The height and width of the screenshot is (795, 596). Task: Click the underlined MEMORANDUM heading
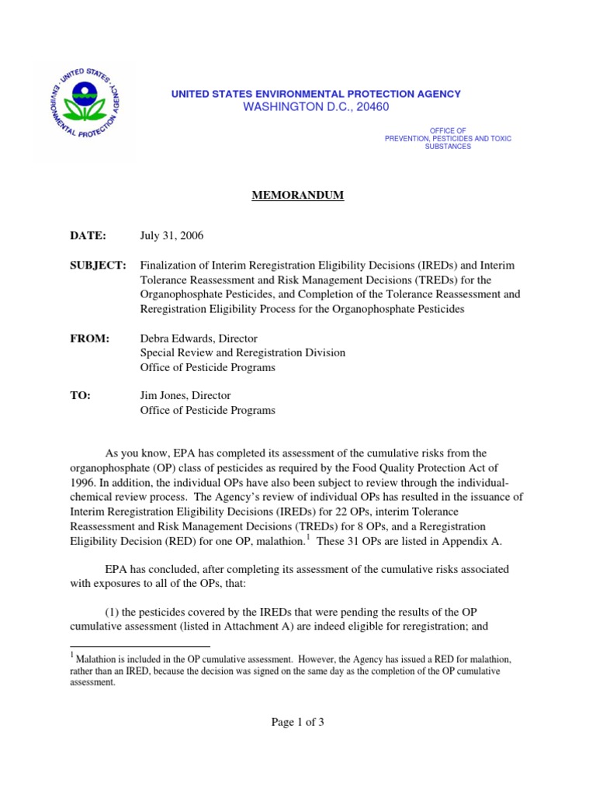click(297, 196)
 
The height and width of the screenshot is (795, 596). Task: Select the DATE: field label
click(89, 234)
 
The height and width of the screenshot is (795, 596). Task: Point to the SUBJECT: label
click(99, 266)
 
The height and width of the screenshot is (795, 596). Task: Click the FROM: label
click(90, 338)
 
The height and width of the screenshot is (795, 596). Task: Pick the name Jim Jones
click(165, 395)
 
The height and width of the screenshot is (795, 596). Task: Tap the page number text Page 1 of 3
click(297, 722)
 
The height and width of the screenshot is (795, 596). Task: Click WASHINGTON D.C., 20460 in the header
click(316, 106)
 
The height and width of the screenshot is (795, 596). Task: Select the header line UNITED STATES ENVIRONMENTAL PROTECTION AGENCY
click(316, 94)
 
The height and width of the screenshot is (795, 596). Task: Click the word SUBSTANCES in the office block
click(448, 147)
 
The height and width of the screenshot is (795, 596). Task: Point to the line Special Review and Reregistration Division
click(243, 352)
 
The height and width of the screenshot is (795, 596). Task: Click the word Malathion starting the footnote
click(99, 659)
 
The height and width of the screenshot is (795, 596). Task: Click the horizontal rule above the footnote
click(140, 646)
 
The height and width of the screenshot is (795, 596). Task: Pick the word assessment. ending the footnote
click(92, 683)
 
